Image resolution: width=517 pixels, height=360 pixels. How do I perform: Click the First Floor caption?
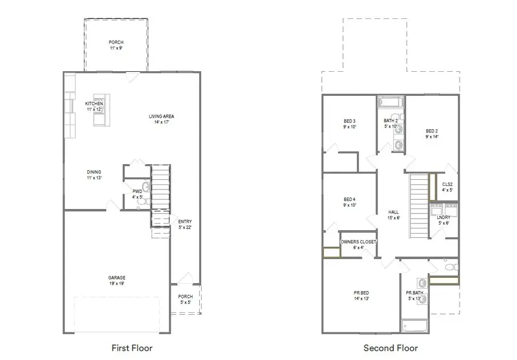132,347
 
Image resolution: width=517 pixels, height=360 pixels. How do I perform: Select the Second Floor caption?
391,347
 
